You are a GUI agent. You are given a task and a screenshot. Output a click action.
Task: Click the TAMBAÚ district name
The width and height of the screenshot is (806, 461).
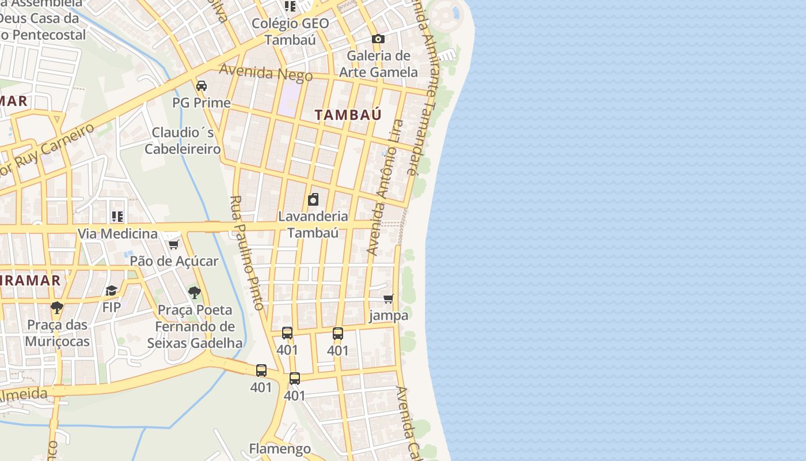coord(348,115)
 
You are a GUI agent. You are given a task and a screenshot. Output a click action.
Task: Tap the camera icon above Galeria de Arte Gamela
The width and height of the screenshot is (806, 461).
coord(378,39)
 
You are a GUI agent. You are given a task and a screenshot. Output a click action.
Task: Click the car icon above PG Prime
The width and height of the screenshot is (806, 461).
coord(201,86)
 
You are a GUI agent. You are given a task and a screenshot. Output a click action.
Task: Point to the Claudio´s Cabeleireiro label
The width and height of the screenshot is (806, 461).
coord(183,141)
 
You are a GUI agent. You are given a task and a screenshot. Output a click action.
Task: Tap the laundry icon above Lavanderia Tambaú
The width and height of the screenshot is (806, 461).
coord(313,200)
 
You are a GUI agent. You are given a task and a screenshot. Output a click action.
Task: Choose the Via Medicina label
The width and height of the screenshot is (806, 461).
coord(117,233)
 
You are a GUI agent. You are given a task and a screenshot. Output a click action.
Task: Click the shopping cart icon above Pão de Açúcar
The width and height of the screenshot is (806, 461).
coord(174,244)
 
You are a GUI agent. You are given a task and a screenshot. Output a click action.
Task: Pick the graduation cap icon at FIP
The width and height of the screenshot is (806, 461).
coord(111,290)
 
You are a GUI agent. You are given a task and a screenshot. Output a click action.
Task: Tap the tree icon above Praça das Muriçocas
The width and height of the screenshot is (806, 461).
coord(56,308)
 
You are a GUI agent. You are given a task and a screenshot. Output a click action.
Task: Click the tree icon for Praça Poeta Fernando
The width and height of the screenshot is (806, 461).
coord(195,293)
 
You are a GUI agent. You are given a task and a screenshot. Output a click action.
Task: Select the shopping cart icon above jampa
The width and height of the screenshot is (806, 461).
coord(389,298)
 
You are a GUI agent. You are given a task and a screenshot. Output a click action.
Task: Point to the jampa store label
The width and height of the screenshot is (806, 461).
coord(389,315)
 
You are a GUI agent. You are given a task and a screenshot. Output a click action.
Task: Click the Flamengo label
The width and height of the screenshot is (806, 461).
coord(280,448)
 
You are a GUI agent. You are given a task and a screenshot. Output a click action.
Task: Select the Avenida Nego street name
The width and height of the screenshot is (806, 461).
coord(265,73)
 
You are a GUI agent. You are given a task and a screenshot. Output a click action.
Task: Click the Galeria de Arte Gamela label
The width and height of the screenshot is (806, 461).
coord(378,64)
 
